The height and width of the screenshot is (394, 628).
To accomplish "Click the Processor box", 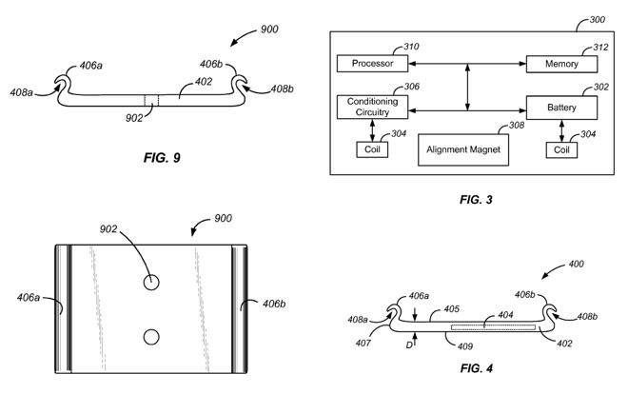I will click(x=372, y=63).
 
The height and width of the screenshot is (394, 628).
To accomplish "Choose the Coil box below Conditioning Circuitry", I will click(x=371, y=149).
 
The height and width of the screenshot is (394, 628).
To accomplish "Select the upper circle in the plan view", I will click(x=150, y=283).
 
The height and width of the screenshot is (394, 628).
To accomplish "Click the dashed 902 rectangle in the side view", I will click(x=151, y=100).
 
